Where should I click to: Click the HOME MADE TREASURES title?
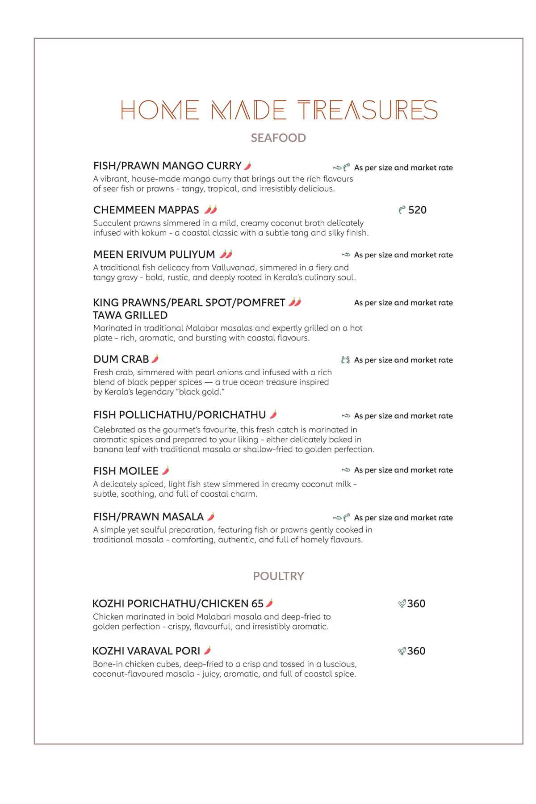coord(279,110)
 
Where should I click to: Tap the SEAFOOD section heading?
coord(278,138)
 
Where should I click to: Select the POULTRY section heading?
coord(278,576)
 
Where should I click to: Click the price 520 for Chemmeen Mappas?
coord(417,210)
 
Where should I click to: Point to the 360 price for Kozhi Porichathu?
coord(416,604)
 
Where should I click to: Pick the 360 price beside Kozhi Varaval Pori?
coord(416,651)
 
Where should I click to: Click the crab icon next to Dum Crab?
coord(345,360)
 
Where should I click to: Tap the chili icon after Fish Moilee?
coord(166,470)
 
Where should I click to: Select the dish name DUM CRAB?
coord(121,359)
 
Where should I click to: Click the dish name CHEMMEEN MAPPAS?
coord(146,210)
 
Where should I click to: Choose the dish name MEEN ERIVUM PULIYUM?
coord(154,255)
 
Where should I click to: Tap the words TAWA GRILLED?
coord(130,315)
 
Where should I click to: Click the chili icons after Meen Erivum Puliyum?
coord(226,254)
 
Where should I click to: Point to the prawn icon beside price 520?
coord(402,210)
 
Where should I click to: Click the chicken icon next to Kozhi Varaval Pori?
coord(402,651)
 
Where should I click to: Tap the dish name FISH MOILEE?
coord(126,471)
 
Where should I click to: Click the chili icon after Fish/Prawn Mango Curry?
coord(248,166)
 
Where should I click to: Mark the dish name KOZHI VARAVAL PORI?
coord(146,651)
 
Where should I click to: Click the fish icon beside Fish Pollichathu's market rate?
coord(346,416)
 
